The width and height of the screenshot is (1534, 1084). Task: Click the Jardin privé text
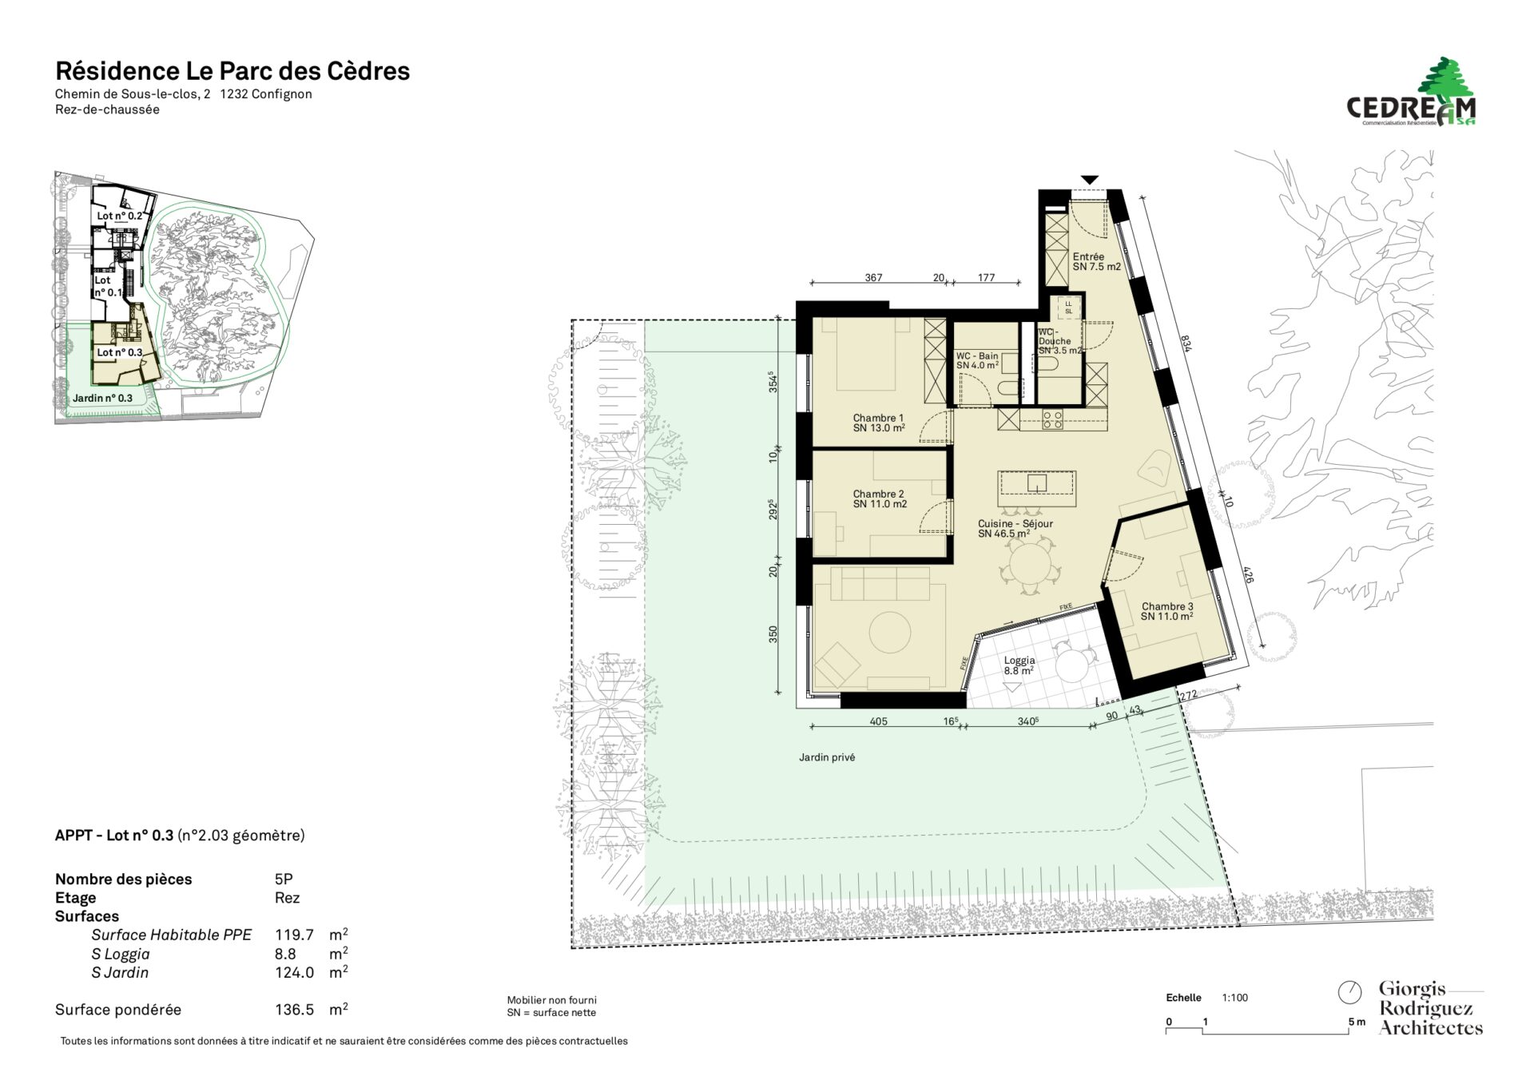tap(827, 757)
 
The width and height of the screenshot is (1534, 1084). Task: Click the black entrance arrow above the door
tap(1090, 180)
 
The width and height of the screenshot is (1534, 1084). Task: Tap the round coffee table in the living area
tap(890, 633)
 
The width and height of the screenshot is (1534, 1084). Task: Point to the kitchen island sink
tap(1037, 483)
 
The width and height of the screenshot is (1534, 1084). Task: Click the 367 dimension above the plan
tap(873, 278)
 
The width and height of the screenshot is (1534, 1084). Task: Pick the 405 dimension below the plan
tap(878, 721)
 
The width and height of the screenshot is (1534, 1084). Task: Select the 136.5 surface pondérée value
tap(294, 1010)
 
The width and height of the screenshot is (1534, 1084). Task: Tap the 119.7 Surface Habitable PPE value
tap(294, 935)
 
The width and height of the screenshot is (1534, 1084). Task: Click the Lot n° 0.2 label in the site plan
tap(120, 216)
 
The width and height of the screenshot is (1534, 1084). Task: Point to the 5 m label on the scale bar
tap(1357, 1022)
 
